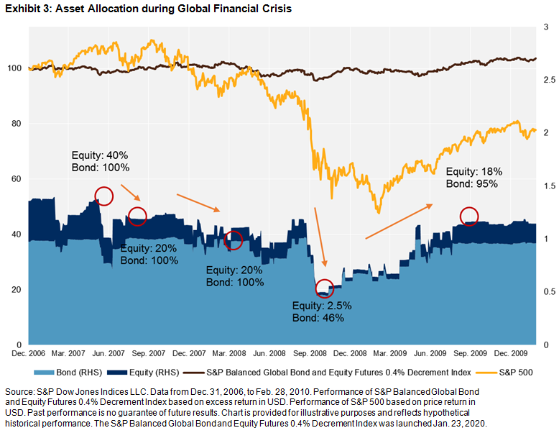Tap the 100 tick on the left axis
[17, 68]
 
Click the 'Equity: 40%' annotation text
[100, 155]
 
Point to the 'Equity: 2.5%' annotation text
[322, 305]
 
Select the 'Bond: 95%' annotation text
[471, 183]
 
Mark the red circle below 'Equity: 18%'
[469, 215]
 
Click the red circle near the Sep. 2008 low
[325, 288]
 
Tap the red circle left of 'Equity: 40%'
[103, 195]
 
